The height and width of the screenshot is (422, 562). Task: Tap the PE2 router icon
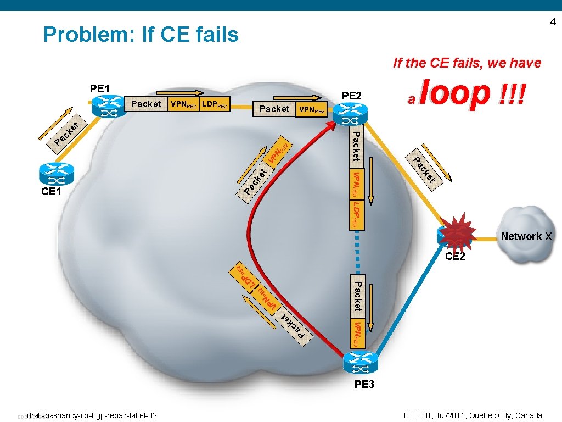click(352, 115)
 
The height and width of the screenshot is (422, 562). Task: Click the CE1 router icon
click(57, 174)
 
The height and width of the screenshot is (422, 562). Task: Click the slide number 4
click(553, 22)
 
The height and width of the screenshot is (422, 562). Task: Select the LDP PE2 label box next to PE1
click(215, 104)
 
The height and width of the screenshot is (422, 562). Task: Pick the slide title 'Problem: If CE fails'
click(141, 35)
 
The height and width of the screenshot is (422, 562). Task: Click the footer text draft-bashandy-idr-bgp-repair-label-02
click(92, 415)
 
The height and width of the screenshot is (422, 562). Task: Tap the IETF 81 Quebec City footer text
click(472, 415)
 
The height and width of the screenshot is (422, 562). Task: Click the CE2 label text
click(455, 256)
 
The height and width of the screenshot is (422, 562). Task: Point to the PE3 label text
click(364, 384)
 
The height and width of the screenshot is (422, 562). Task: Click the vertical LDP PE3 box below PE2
click(357, 214)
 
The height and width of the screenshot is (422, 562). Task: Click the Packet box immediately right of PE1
click(146, 104)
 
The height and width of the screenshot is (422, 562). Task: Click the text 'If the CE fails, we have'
click(467, 63)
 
